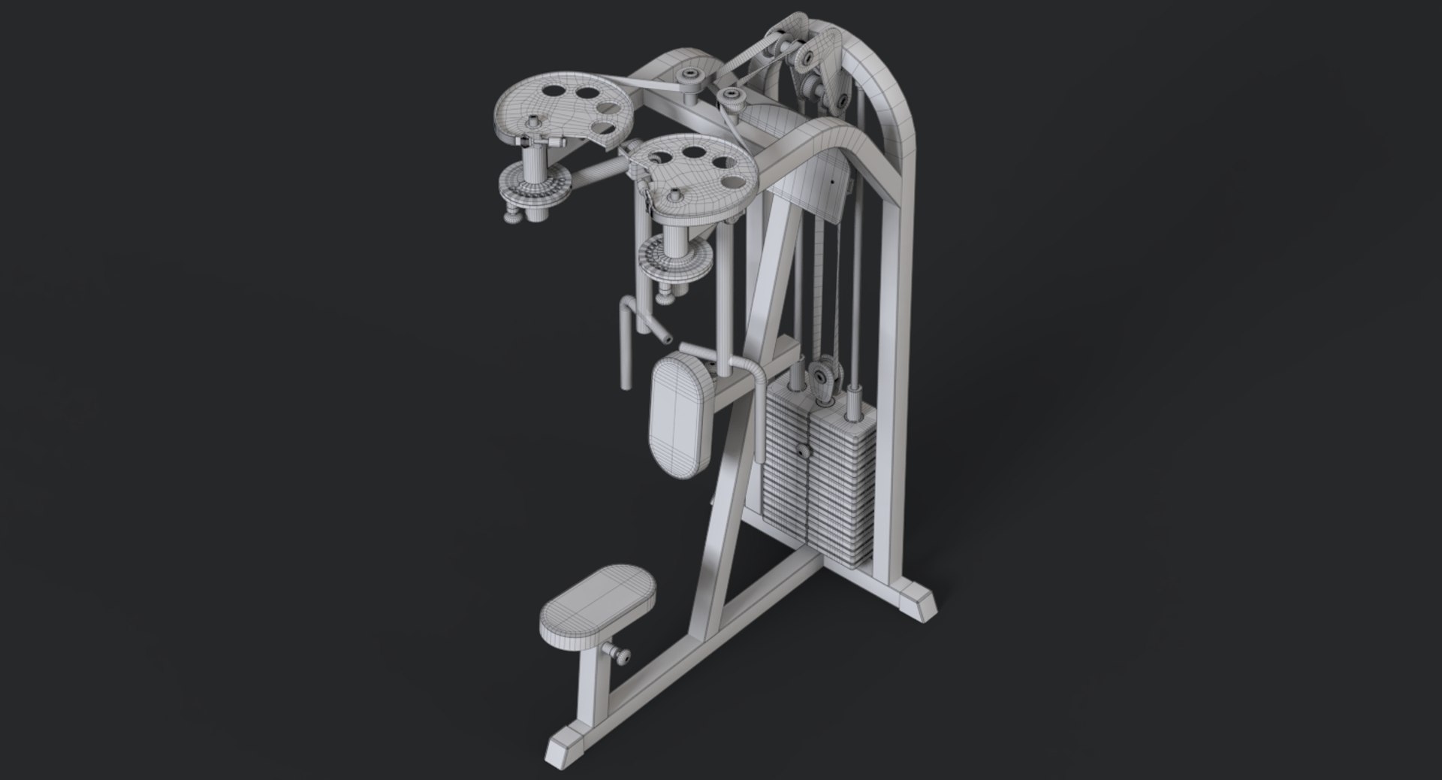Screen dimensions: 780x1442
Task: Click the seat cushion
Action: coord(597,598)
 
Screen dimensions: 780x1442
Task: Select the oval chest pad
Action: coord(680,413)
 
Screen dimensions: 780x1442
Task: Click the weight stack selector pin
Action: coord(802,453)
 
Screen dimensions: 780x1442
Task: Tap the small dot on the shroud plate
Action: coord(831,180)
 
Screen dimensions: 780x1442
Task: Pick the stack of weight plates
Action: coord(819,496)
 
